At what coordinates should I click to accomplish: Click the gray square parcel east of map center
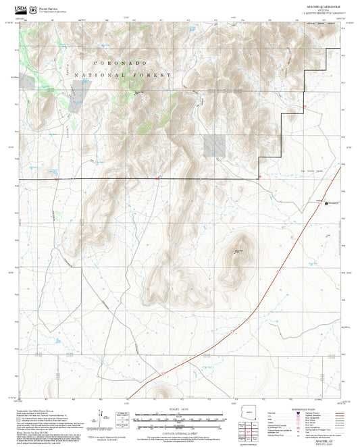(214, 144)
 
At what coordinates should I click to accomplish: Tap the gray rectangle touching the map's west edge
(26, 82)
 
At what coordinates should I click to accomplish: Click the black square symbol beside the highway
(326, 202)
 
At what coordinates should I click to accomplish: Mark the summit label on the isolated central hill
(238, 252)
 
